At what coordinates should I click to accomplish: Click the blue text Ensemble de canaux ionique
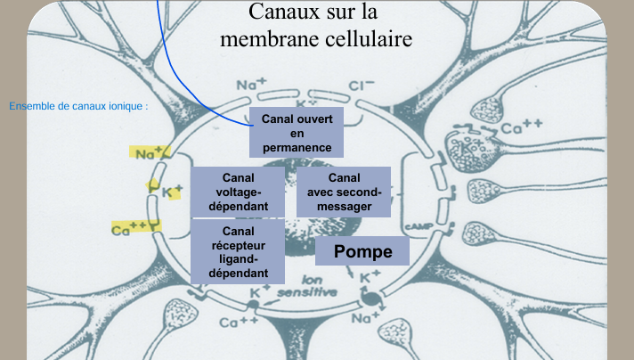tap(78, 107)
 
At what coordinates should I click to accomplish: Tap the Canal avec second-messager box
tap(343, 192)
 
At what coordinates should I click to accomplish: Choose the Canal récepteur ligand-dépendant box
tap(236, 252)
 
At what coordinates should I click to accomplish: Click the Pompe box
tap(362, 251)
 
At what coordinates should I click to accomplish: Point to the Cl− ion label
tap(361, 86)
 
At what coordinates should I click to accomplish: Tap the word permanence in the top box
tap(297, 147)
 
